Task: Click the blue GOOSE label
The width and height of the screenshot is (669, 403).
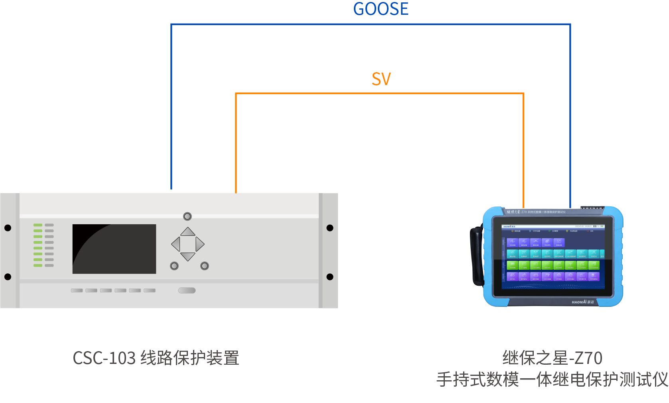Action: pos(381,9)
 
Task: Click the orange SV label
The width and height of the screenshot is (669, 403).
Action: pos(381,79)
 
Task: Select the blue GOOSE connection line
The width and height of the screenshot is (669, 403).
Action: pos(371,24)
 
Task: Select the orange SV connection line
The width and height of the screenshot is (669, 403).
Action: pos(379,93)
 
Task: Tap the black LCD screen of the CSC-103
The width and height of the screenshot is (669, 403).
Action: pos(114,249)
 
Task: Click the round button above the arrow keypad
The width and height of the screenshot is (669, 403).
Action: pos(187,216)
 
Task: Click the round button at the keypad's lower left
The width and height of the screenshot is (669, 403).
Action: pos(174,266)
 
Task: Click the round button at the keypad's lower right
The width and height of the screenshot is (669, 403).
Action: pos(205,266)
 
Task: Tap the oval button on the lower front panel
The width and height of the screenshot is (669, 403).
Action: pos(187,290)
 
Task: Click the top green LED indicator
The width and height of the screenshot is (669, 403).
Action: pos(38,225)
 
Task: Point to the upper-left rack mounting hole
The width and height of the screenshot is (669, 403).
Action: pos(8,228)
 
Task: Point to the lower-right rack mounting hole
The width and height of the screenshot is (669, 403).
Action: pos(330,277)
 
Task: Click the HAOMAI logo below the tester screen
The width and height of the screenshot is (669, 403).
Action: pos(582,302)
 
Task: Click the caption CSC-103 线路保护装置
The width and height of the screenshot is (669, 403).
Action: pos(156,358)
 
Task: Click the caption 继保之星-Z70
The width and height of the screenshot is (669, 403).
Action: pos(552,358)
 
